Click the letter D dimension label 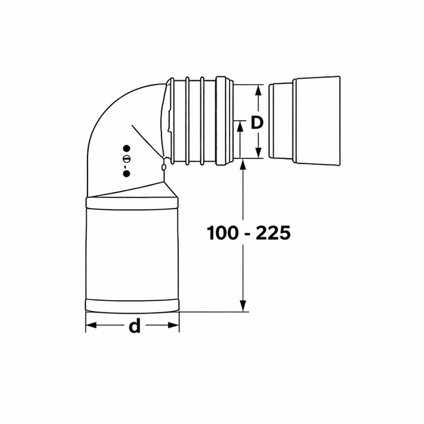[x=257, y=123]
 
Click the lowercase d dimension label [x=134, y=326]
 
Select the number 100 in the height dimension [x=221, y=232]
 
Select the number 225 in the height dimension [x=272, y=232]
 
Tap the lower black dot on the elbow [x=127, y=173]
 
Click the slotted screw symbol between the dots [x=127, y=160]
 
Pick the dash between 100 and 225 [x=247, y=233]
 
